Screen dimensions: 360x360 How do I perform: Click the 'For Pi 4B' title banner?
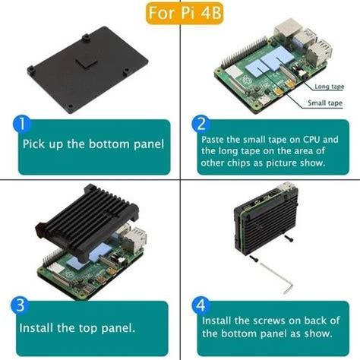coord(180,13)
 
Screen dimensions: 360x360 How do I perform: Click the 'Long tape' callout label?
coord(327,87)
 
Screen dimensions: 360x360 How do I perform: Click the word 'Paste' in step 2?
coord(215,140)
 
